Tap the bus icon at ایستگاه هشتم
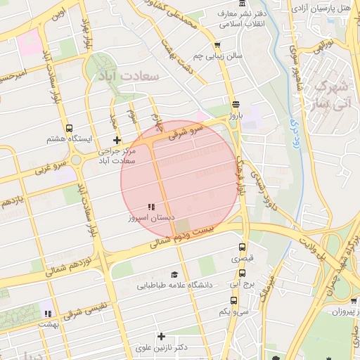[x=69, y=128]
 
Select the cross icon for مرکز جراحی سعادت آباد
[x=117, y=140]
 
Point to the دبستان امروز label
[x=150, y=219]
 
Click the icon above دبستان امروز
[x=150, y=207]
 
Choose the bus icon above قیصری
[x=243, y=247]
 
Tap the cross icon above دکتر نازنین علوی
[x=161, y=336]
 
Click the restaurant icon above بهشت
[x=48, y=314]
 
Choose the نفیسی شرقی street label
[x=84, y=313]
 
